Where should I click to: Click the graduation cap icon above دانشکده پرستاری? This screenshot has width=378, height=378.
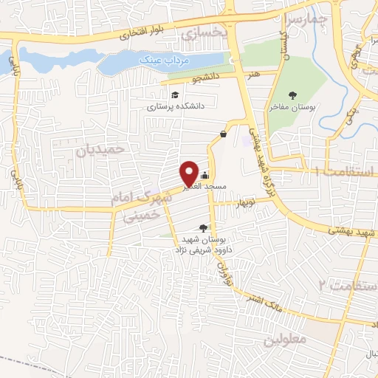coord(175,95)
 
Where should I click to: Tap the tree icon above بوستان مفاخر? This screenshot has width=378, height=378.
coord(292,94)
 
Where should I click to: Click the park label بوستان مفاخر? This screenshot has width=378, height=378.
coord(292,107)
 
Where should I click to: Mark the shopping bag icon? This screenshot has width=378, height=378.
coord(223,134)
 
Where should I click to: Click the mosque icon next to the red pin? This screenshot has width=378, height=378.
coord(205,175)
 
